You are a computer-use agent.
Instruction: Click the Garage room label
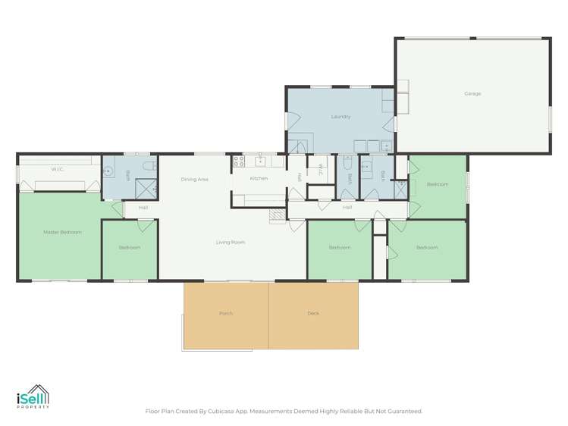[x=472, y=94]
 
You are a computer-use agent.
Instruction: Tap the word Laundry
[x=340, y=117]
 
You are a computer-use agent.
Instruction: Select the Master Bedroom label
[x=62, y=232]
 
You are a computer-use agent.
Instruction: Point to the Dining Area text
[x=194, y=180]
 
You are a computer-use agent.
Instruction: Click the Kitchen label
[x=259, y=178]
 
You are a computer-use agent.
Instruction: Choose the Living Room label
[x=230, y=243]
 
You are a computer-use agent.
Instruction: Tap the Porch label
[x=226, y=313]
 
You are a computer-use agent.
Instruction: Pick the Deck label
[x=313, y=313]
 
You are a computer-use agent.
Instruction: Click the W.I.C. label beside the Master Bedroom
[x=57, y=170]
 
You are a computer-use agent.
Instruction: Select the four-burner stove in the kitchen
[x=237, y=161]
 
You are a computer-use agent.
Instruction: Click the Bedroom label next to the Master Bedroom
[x=130, y=248]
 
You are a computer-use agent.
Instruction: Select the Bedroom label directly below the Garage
[x=437, y=184]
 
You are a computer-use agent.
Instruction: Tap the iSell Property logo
[x=33, y=398]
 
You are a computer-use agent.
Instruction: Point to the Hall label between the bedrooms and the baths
[x=347, y=207]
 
